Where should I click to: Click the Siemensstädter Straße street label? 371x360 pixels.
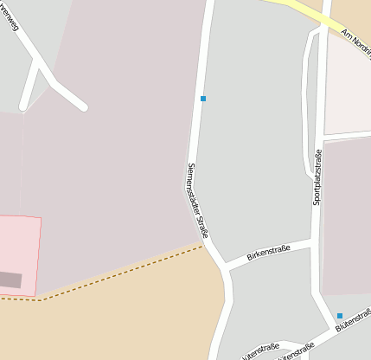199,200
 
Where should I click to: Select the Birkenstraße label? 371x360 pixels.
267,252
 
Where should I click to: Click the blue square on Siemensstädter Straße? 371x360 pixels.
203,99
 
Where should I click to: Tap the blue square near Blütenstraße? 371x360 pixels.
340,316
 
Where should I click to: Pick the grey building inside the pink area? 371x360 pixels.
10,280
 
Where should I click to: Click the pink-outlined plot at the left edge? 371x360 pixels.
19,251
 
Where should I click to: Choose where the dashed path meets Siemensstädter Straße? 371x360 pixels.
205,245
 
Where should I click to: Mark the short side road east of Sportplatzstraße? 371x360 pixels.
346,136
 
